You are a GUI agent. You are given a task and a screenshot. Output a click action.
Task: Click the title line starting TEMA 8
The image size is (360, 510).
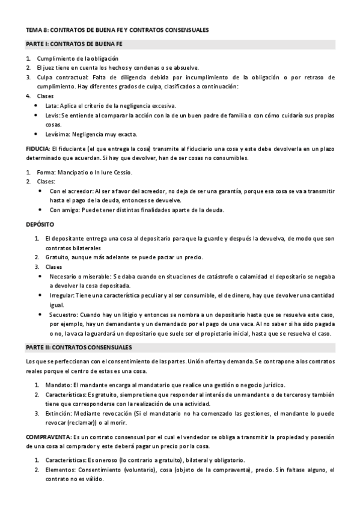tap(117, 29)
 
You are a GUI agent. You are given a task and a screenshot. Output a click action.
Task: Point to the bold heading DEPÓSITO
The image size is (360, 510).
tap(40, 224)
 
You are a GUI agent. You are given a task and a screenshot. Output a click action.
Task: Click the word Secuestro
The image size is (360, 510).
tap(63, 315)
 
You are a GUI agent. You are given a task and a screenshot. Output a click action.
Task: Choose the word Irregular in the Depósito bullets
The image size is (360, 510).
tap(62, 295)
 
